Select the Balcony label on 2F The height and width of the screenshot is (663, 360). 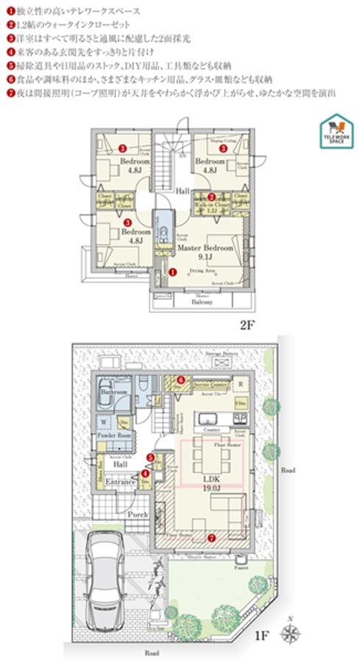[x=202, y=301]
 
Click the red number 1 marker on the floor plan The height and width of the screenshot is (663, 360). [x=172, y=271]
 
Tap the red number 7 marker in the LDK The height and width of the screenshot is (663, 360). [x=212, y=536]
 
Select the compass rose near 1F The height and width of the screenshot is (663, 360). [x=293, y=633]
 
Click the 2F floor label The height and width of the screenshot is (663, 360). [x=247, y=324]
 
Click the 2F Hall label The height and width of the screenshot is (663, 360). [x=183, y=189]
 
